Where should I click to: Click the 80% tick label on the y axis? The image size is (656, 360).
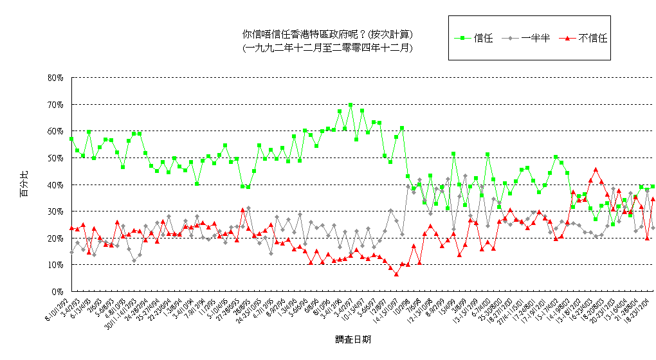point(55,77)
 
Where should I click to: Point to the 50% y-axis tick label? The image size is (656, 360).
point(55,157)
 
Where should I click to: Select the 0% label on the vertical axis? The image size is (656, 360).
point(57,291)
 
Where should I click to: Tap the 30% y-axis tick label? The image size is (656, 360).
point(55,211)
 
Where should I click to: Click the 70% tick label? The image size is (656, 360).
point(55,104)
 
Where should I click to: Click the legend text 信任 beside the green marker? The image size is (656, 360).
point(483,38)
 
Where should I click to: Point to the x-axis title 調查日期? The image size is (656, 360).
point(352,339)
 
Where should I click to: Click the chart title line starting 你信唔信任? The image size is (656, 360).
point(327,34)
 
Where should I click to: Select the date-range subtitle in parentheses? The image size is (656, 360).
point(327,48)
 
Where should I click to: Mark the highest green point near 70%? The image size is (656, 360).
point(351,105)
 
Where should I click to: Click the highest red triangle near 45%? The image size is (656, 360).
point(596,170)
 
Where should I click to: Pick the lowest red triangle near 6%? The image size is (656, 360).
point(397,274)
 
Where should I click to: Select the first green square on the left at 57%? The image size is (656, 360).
point(71,139)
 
